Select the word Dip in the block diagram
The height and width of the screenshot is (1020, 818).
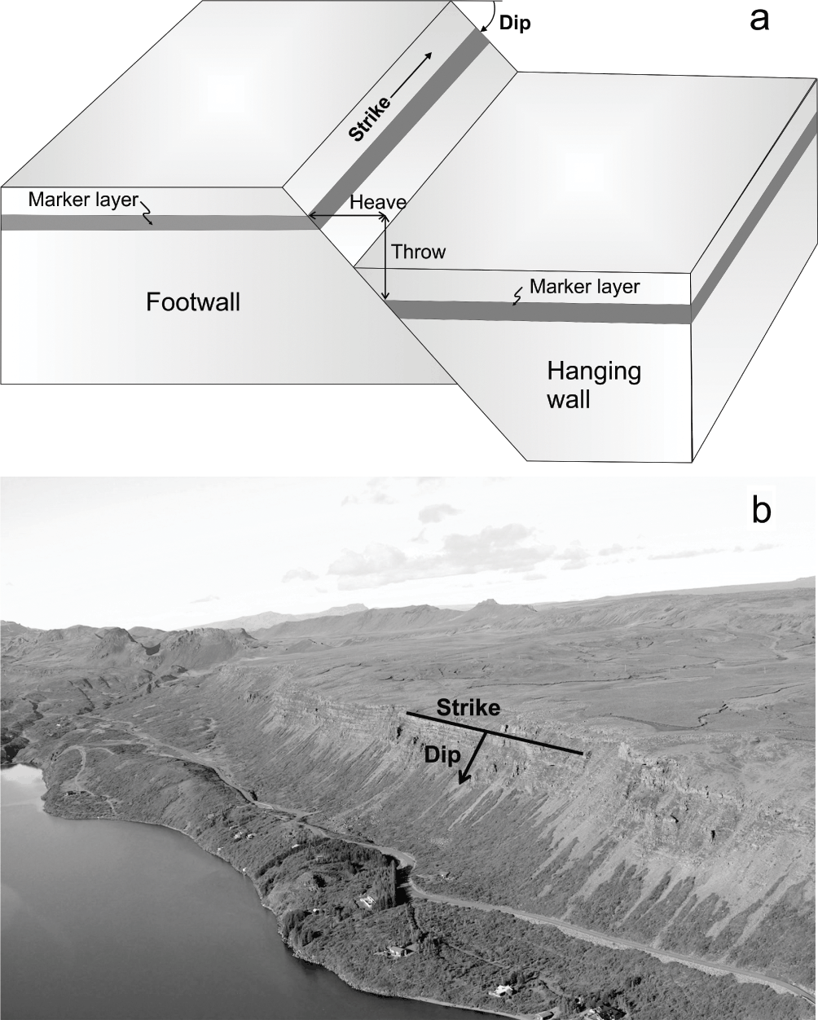[x=514, y=24]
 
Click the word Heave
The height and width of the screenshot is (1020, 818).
[x=377, y=202]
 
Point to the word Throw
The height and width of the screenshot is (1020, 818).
[x=418, y=252]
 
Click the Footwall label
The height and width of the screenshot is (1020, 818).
[x=193, y=302]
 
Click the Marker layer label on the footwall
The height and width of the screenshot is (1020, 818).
[x=82, y=200]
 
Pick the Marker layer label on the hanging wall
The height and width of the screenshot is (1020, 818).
[x=584, y=287]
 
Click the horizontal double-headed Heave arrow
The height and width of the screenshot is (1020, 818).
[x=345, y=216]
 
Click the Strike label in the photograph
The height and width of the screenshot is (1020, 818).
[x=467, y=708]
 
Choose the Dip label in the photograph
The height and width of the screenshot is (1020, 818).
[x=440, y=754]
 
